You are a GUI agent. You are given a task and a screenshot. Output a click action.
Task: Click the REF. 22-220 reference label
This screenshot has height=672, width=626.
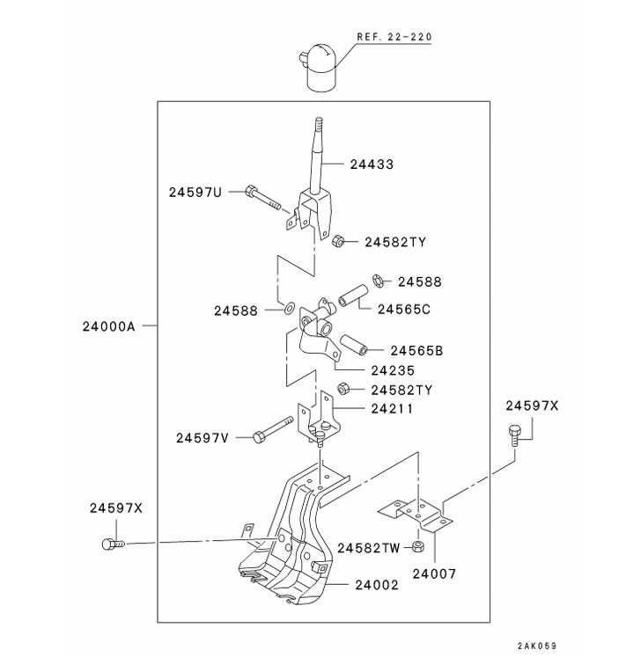pos(394,38)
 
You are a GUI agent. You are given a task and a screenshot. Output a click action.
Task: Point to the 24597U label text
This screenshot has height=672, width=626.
pos(195,192)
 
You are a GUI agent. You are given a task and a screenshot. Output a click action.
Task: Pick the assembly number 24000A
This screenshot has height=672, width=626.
pos(108,325)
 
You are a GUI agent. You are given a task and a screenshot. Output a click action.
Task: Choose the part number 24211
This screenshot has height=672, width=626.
pos(392,408)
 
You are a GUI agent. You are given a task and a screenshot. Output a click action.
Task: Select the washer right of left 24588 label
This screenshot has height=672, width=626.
pos(290,310)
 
